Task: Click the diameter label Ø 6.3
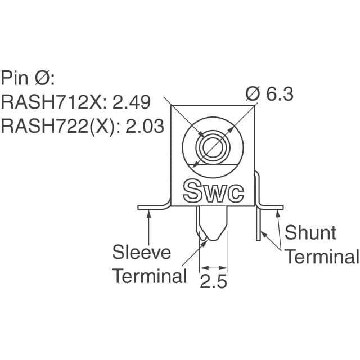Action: pyautogui.click(x=269, y=94)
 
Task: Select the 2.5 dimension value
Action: pyautogui.click(x=213, y=280)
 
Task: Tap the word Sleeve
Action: pyautogui.click(x=141, y=251)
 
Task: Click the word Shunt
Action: pyautogui.click(x=310, y=232)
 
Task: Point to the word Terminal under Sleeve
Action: pyautogui.click(x=149, y=276)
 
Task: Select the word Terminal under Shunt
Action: pyautogui.click(x=321, y=256)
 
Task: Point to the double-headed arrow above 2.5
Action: pyautogui.click(x=213, y=268)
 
